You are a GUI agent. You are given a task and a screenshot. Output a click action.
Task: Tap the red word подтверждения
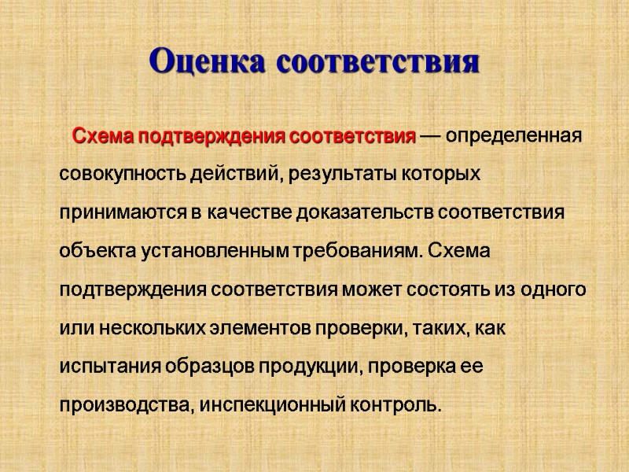point(214,136)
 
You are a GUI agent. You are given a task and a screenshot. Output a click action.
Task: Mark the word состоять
point(445,289)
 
